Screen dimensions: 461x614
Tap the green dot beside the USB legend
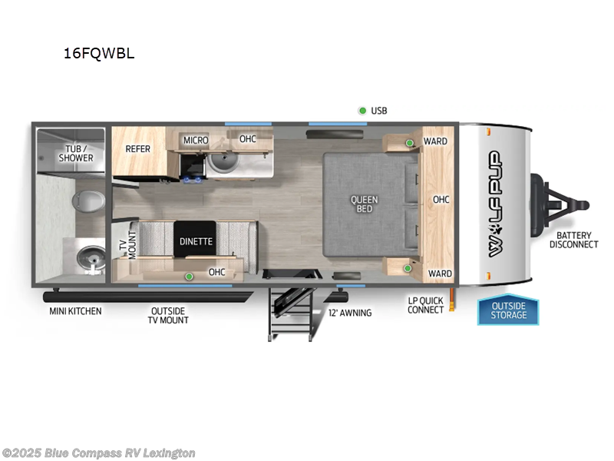(362, 111)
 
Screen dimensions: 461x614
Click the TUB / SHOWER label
(76, 153)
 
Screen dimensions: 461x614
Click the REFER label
(138, 148)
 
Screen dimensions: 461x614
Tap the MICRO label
(196, 140)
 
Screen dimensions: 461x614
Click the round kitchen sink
(223, 161)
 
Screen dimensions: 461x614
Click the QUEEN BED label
(365, 204)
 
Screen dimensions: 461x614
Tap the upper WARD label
(436, 141)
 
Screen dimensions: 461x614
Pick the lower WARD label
(440, 274)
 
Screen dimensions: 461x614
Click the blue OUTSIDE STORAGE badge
(509, 310)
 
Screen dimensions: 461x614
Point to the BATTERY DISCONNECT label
(573, 240)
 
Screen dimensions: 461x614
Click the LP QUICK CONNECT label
(426, 305)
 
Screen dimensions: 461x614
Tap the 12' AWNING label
(350, 313)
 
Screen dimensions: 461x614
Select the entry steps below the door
(289, 311)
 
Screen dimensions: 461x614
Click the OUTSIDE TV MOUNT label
(169, 315)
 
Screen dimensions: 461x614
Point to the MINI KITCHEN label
(75, 311)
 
